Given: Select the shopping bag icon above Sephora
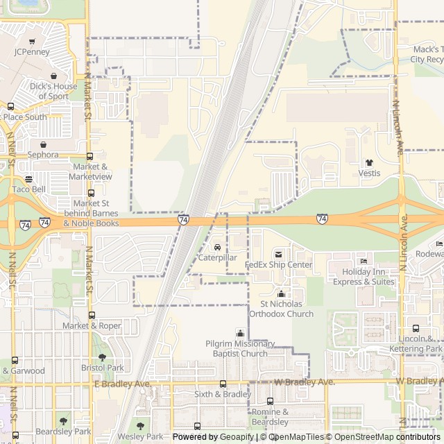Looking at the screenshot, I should click(x=44, y=144).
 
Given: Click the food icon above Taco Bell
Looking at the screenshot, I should click(x=28, y=179).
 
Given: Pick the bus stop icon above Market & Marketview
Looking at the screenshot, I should click(x=89, y=157).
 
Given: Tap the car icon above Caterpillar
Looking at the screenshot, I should click(x=217, y=248).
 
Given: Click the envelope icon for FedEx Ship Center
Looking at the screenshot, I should click(x=279, y=255).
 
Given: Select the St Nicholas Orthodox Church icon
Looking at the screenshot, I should click(x=281, y=294).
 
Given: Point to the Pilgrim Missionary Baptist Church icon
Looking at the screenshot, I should click(x=241, y=334).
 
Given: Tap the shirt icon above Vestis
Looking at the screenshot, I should click(x=369, y=163).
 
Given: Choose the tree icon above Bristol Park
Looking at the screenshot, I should click(x=102, y=357).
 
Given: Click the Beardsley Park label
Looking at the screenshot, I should click(x=63, y=432).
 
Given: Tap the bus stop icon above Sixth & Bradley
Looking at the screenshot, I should click(x=223, y=384).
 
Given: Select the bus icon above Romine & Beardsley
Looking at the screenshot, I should click(x=270, y=401).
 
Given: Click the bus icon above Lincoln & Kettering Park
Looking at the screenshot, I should click(x=416, y=329).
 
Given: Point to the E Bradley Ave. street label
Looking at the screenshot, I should click(x=121, y=384).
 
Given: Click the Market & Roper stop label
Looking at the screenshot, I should click(x=92, y=325).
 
